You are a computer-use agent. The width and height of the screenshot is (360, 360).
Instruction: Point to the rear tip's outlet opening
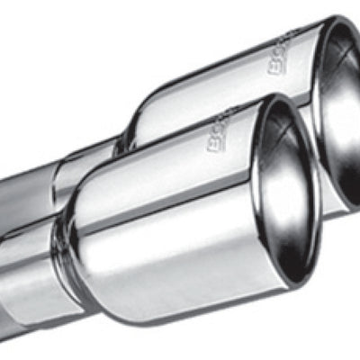340,108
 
